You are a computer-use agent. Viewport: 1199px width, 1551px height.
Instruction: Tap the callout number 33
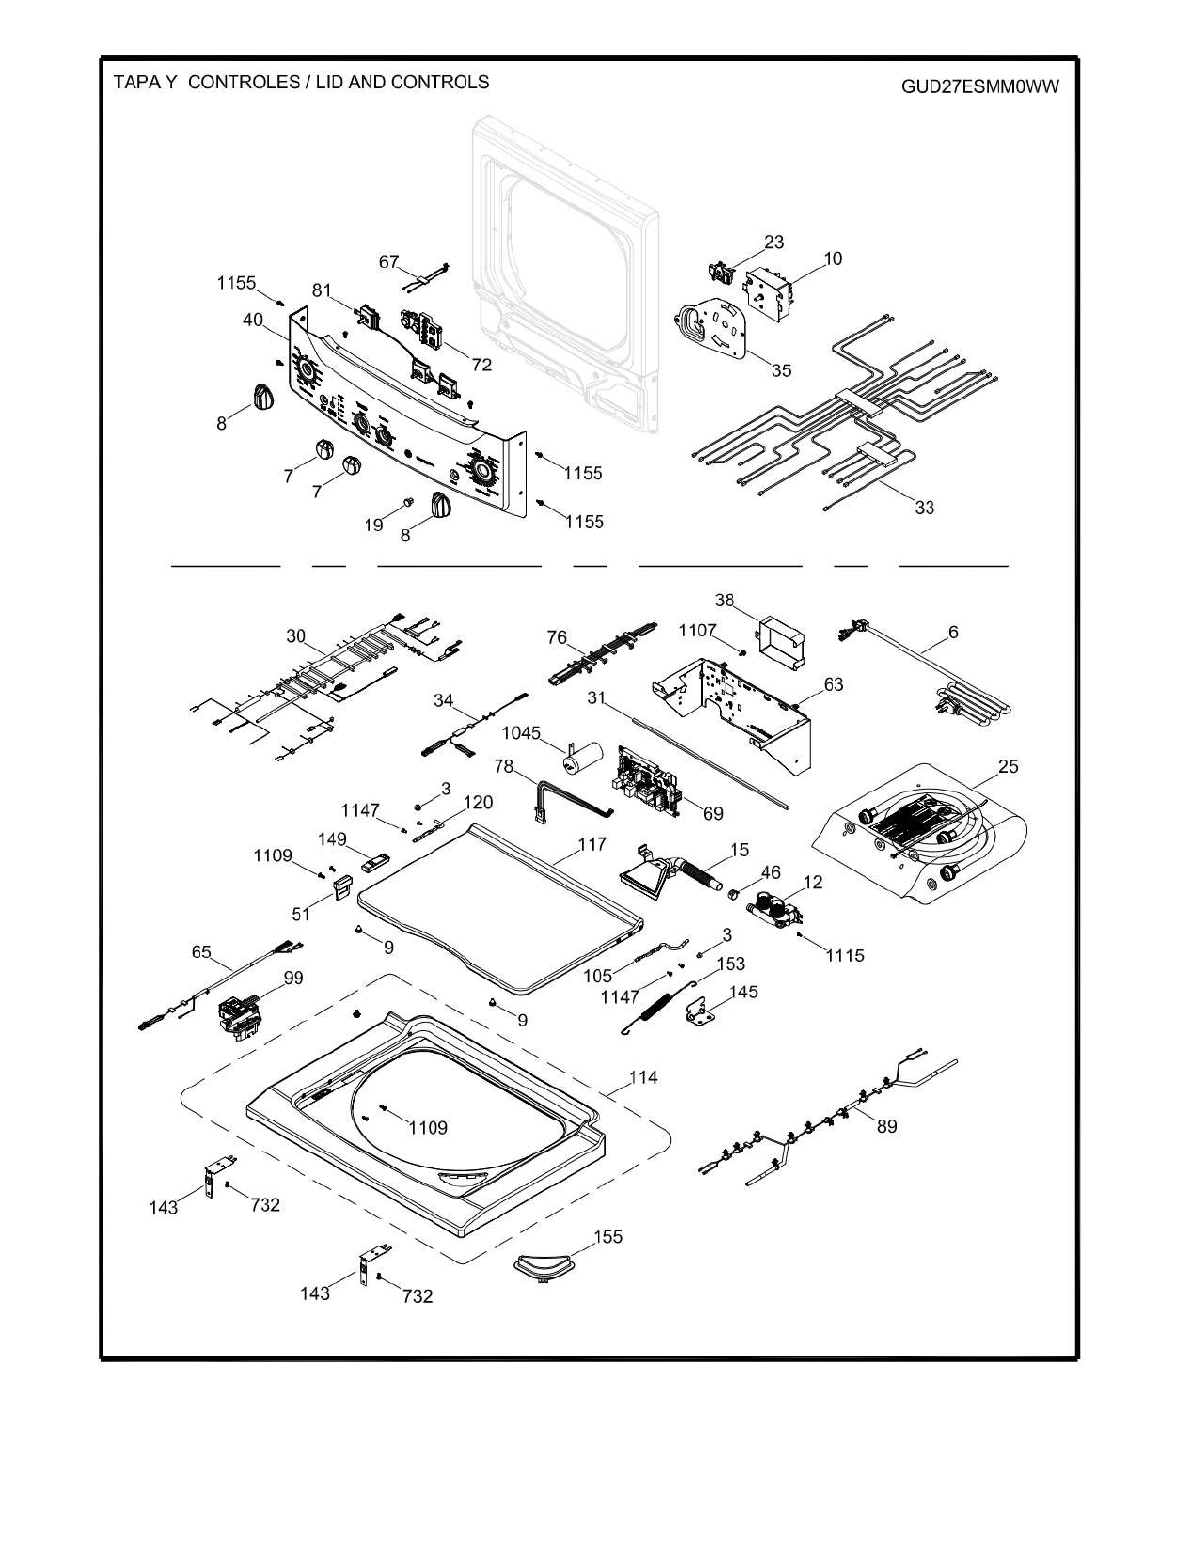[x=924, y=507]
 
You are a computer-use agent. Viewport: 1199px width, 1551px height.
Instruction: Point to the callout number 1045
[x=521, y=732]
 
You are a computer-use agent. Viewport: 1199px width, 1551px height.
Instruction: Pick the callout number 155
[x=608, y=1237]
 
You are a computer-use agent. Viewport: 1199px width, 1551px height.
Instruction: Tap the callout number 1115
[x=845, y=955]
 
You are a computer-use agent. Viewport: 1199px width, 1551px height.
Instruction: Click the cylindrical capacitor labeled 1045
[x=582, y=758]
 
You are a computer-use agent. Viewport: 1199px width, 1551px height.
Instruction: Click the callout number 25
[x=1008, y=766]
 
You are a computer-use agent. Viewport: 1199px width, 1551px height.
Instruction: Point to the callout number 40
[x=253, y=320]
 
